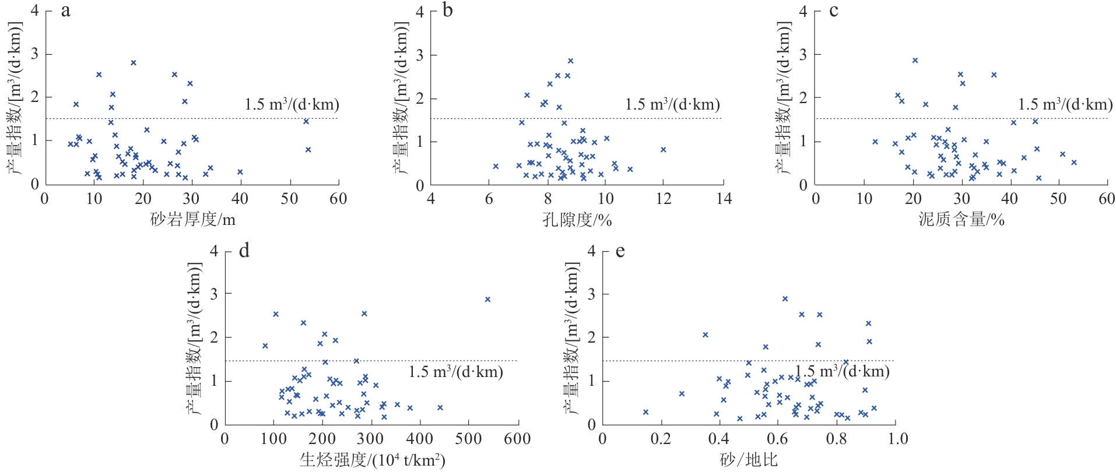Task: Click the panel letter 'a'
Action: click(x=66, y=11)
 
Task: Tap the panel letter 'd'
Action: click(x=244, y=251)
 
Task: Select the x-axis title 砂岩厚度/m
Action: click(x=192, y=220)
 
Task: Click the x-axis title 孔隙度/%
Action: click(x=577, y=220)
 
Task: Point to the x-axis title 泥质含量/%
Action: click(x=961, y=220)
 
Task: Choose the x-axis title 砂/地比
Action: click(x=749, y=460)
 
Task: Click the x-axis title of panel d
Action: click(x=372, y=460)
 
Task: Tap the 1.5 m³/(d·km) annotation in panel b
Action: click(x=672, y=105)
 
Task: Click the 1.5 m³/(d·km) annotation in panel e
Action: click(x=842, y=372)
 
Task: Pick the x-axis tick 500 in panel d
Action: click(x=469, y=439)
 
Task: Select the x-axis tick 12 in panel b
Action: click(x=664, y=199)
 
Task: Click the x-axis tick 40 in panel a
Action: click(x=240, y=199)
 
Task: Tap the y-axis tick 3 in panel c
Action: click(x=803, y=55)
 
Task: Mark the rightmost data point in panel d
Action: click(x=487, y=300)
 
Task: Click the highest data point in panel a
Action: click(x=134, y=62)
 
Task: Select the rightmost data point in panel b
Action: click(x=663, y=150)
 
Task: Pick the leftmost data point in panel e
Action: click(x=645, y=412)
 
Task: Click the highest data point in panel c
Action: click(x=915, y=60)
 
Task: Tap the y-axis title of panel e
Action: click(x=573, y=338)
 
